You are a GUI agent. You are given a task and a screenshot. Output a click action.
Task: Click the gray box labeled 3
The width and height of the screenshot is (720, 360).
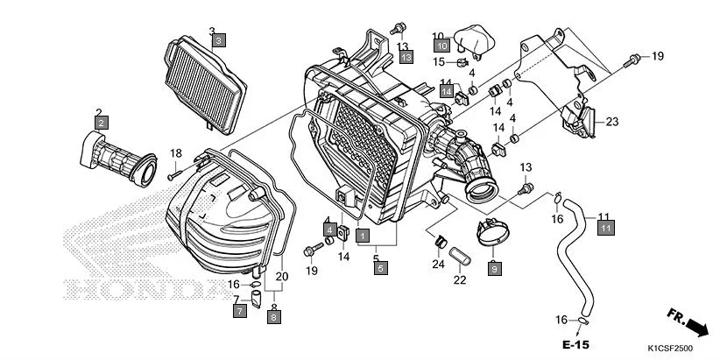(x=218, y=40)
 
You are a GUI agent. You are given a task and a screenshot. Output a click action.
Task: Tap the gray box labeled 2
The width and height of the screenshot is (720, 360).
(x=102, y=123)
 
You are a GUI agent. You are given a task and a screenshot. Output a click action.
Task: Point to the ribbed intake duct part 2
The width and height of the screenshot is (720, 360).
(x=117, y=158)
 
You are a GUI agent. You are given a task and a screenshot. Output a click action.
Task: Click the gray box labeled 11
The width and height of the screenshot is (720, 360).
(x=604, y=228)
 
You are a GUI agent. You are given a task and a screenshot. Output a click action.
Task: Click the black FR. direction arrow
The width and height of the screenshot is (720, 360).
(x=696, y=327)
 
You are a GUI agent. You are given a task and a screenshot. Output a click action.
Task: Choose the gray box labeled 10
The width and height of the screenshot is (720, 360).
(x=442, y=46)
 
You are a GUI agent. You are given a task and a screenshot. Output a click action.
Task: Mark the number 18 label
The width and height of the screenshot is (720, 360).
(x=175, y=153)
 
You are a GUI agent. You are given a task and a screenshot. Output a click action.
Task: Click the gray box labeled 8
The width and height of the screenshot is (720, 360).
(x=273, y=318)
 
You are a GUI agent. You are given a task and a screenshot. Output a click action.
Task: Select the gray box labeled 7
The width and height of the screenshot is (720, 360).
(x=239, y=310)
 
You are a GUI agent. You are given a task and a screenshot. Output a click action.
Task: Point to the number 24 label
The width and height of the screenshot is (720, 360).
(x=438, y=264)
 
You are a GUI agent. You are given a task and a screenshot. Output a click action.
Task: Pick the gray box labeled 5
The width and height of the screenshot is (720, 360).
(x=380, y=269)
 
